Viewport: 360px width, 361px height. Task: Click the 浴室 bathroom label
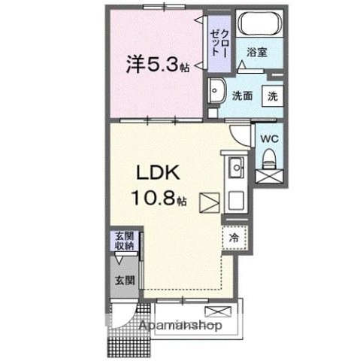[258, 53]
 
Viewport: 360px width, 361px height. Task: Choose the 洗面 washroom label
[241, 96]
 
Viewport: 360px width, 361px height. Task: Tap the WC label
[268, 138]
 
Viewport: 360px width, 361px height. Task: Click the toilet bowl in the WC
[268, 157]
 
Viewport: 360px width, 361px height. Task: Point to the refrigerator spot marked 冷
[233, 238]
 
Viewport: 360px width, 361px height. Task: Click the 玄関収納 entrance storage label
[125, 241]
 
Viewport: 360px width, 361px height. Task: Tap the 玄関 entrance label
[125, 280]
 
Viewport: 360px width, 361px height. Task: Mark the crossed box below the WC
[268, 177]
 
